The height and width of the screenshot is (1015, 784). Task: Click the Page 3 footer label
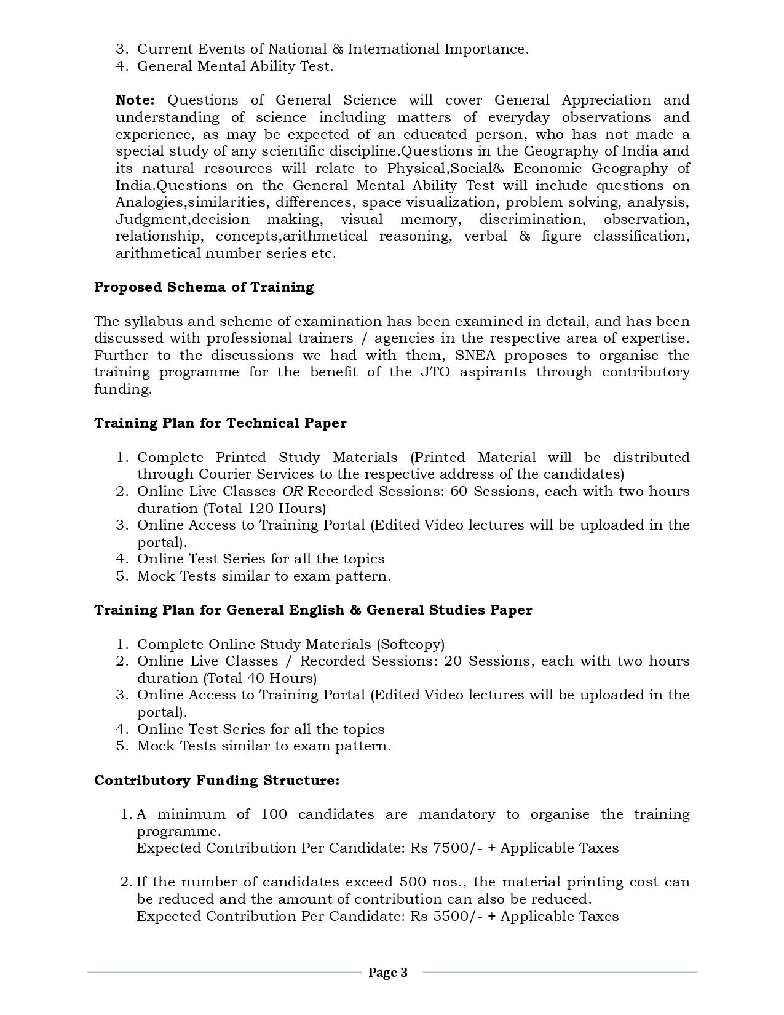387,973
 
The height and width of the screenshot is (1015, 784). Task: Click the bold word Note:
135,100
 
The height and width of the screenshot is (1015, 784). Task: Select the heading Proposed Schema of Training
204,287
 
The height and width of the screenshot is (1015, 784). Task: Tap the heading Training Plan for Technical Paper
220,423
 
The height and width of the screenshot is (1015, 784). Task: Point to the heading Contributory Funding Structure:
216,781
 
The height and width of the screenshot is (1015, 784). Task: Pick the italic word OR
292,492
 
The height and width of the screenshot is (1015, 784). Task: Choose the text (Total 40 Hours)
259,679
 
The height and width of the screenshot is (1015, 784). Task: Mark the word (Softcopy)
410,645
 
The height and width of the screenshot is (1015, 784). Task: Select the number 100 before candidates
274,814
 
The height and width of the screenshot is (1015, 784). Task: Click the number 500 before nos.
413,882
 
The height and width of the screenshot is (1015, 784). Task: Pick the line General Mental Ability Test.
235,66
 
